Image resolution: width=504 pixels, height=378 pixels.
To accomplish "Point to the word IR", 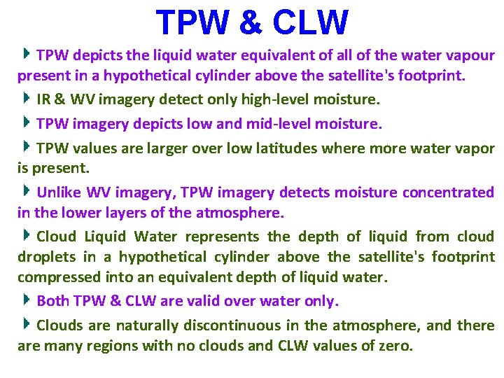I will (43, 99).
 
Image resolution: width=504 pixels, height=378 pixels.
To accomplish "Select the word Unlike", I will (59, 192).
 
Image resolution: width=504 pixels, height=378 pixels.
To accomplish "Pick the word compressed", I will (52, 277).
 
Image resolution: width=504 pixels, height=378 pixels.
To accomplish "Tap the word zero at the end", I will (395, 346).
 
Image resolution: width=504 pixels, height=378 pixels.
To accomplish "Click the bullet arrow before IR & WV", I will (26, 98).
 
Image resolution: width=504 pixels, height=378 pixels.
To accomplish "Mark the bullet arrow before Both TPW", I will (26, 300).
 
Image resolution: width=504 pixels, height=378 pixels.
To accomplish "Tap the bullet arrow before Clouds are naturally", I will (26, 324).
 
